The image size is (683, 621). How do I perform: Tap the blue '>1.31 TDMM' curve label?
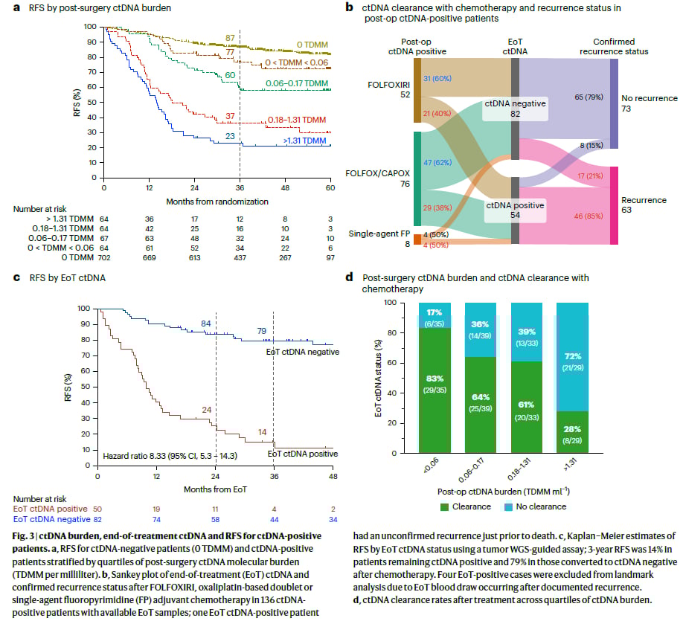[304, 141]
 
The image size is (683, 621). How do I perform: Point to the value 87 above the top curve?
[231, 37]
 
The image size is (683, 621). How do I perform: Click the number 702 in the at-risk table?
[103, 257]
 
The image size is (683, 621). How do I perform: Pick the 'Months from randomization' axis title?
[217, 201]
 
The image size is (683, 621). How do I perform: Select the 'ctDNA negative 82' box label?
[516, 108]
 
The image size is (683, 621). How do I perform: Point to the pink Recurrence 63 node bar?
[614, 205]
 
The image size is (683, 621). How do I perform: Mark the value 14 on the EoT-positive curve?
[263, 432]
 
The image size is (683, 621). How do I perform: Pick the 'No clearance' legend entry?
[539, 506]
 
